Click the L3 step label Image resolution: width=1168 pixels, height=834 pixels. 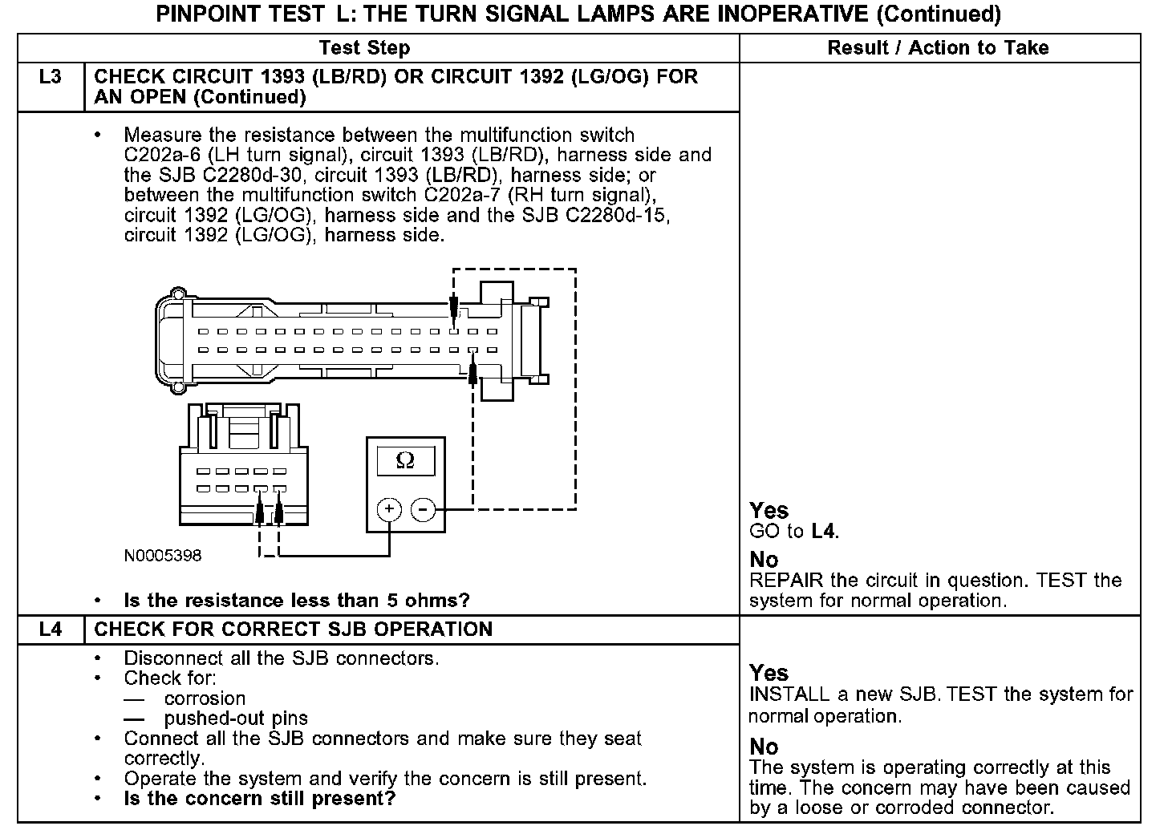point(50,78)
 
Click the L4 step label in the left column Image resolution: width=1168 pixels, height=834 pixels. point(50,630)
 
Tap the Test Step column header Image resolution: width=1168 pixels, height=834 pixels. point(364,48)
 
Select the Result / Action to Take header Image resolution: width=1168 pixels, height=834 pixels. point(938,48)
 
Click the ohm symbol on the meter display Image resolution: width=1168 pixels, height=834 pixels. point(405,461)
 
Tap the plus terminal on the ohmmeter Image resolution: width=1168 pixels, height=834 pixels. point(389,509)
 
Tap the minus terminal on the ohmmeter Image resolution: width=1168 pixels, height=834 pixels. point(423,509)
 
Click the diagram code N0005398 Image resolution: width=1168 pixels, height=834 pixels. point(162,556)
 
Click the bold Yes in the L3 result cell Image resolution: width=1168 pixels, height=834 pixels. point(769,511)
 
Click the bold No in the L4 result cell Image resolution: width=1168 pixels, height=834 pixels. point(764,747)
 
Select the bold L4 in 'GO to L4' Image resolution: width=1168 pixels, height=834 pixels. point(824,531)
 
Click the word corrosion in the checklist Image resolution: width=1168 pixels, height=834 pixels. point(205,698)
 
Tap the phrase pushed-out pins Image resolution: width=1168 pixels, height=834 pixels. point(236,719)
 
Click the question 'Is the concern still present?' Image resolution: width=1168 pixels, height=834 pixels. point(260,799)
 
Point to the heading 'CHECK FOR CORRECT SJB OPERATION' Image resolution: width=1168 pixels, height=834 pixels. point(293,630)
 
